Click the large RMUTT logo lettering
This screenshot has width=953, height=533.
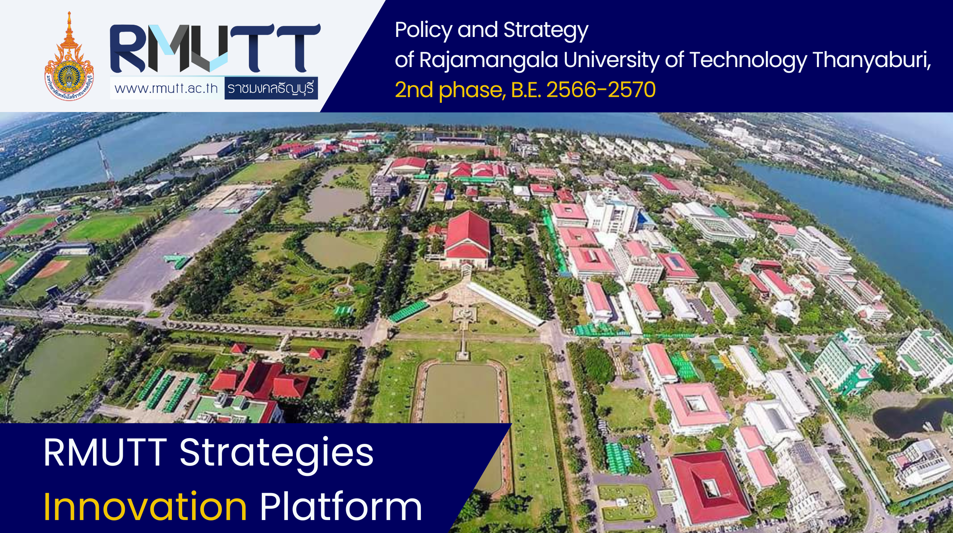[215, 48]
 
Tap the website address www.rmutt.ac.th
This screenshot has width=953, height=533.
[166, 88]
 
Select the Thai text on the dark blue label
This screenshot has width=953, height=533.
[271, 88]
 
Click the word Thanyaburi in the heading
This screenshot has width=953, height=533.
[872, 60]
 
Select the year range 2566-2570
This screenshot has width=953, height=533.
[601, 90]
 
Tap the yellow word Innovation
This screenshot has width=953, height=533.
[145, 506]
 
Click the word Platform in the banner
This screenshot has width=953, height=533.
[341, 506]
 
